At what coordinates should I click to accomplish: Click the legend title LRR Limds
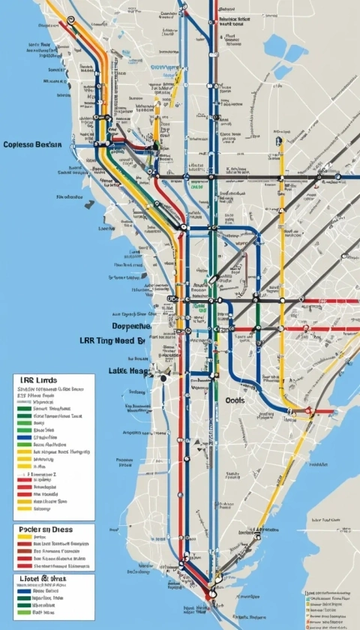[37, 382]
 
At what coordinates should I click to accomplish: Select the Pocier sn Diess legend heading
[45, 529]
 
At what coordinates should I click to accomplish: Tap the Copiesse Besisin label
[32, 144]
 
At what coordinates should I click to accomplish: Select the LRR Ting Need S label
[112, 340]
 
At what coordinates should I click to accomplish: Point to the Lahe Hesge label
[130, 370]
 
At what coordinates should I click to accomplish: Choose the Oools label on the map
[235, 400]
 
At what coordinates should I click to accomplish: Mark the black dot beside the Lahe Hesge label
[163, 379]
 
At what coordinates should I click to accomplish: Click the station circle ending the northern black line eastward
[337, 177]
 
